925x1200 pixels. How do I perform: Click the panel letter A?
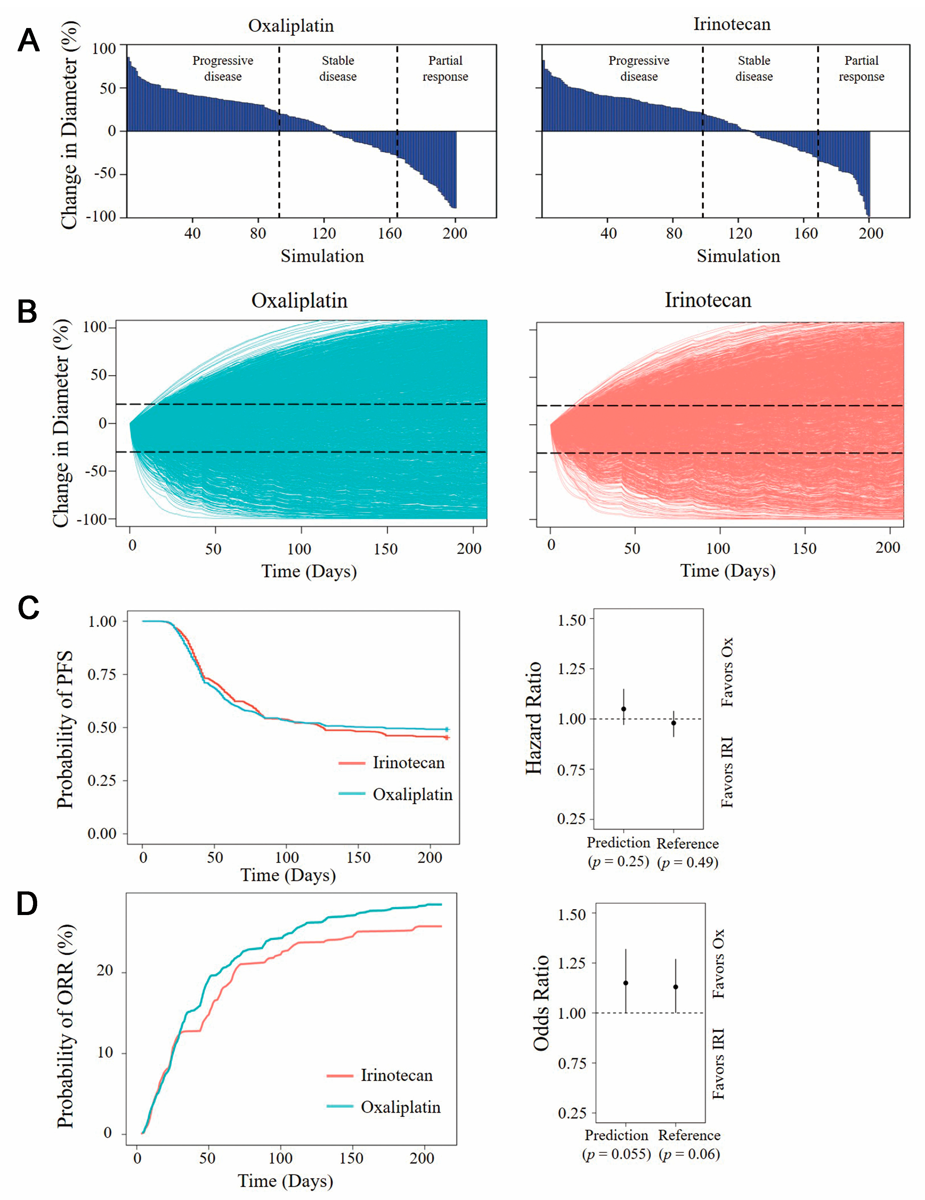(29, 41)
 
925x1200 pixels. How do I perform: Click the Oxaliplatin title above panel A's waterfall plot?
(291, 26)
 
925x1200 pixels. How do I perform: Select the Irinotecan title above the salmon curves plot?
(708, 300)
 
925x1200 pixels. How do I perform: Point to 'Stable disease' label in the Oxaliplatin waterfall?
(338, 69)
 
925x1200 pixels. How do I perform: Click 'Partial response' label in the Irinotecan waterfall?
(861, 69)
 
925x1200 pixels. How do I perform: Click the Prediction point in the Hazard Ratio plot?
(623, 709)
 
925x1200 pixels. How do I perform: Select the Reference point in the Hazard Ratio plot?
(673, 723)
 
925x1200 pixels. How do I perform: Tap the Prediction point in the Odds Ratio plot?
(625, 983)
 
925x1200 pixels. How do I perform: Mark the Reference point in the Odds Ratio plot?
(676, 987)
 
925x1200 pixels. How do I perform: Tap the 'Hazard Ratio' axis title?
(534, 718)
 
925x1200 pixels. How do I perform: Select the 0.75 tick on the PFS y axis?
(102, 674)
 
